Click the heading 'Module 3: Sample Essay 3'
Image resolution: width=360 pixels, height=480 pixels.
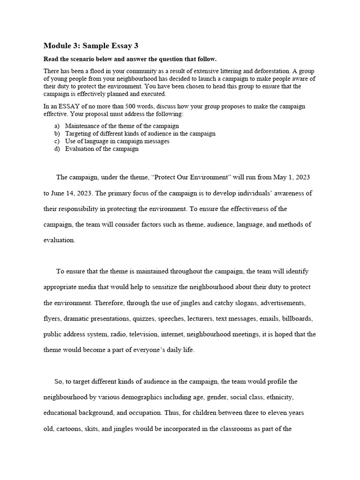(x=91, y=46)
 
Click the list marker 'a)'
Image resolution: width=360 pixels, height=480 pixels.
(x=57, y=126)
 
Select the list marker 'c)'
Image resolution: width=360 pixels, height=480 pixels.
(x=57, y=141)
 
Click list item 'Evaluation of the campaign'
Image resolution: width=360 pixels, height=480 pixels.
(x=102, y=149)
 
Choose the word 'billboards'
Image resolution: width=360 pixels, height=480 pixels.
(x=297, y=319)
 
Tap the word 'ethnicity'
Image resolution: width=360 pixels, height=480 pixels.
(x=280, y=397)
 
